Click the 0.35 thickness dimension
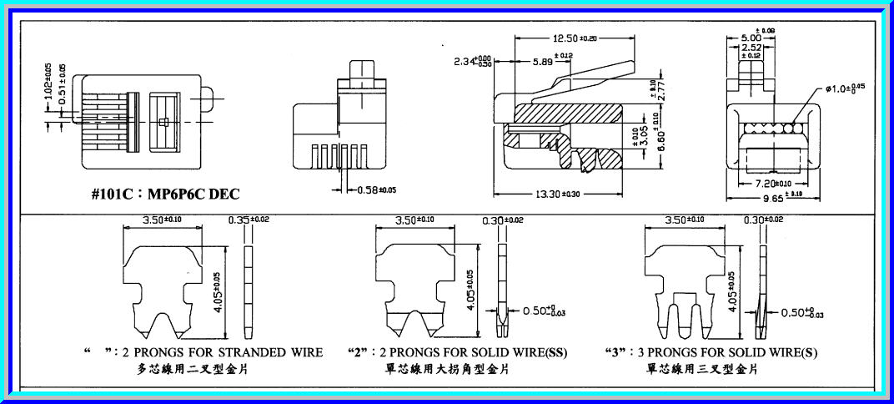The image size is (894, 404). point(240,220)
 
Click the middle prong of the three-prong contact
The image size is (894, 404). point(686,313)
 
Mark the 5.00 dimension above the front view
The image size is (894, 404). point(751,38)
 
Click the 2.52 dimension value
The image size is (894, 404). point(751,49)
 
